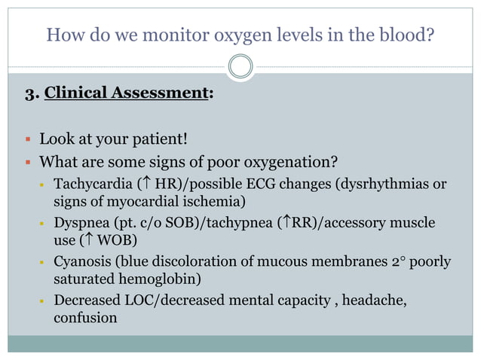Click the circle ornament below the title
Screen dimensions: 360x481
(x=240, y=66)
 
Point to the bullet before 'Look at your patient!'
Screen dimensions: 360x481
(x=26, y=140)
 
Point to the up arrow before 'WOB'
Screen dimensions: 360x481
(x=87, y=242)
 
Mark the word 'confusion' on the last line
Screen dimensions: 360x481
(x=85, y=318)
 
